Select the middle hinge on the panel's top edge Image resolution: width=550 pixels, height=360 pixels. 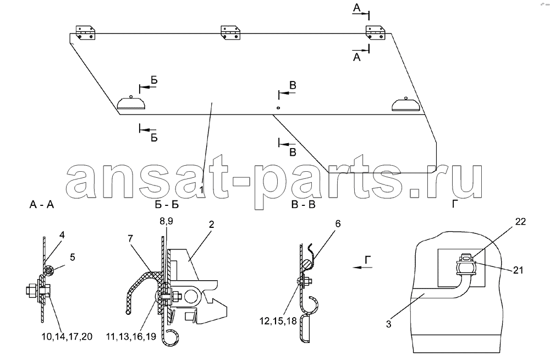(x=230, y=32)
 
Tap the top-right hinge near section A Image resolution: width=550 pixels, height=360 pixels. (x=376, y=32)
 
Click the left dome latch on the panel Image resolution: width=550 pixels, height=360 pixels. (x=131, y=103)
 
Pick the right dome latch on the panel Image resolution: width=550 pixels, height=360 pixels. (x=406, y=104)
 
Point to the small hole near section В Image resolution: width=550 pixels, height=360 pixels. (x=278, y=108)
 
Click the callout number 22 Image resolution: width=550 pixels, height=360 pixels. (x=520, y=222)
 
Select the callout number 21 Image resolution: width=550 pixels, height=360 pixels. (x=518, y=270)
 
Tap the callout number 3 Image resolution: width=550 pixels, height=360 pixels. (x=389, y=324)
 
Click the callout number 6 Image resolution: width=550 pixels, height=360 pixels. (x=338, y=223)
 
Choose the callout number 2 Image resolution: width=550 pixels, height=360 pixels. (x=211, y=225)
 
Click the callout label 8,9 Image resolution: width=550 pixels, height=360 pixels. (x=166, y=221)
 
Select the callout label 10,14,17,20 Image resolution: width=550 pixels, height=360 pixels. (x=67, y=336)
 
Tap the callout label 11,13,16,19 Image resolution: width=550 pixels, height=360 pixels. (x=131, y=336)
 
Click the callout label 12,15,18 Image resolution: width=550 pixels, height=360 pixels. (x=278, y=321)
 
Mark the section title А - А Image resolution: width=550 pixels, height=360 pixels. (x=42, y=204)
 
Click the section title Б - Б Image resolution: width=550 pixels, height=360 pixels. (x=167, y=204)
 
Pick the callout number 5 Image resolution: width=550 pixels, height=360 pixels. (x=72, y=257)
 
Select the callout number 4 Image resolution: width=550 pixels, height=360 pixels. (x=62, y=235)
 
